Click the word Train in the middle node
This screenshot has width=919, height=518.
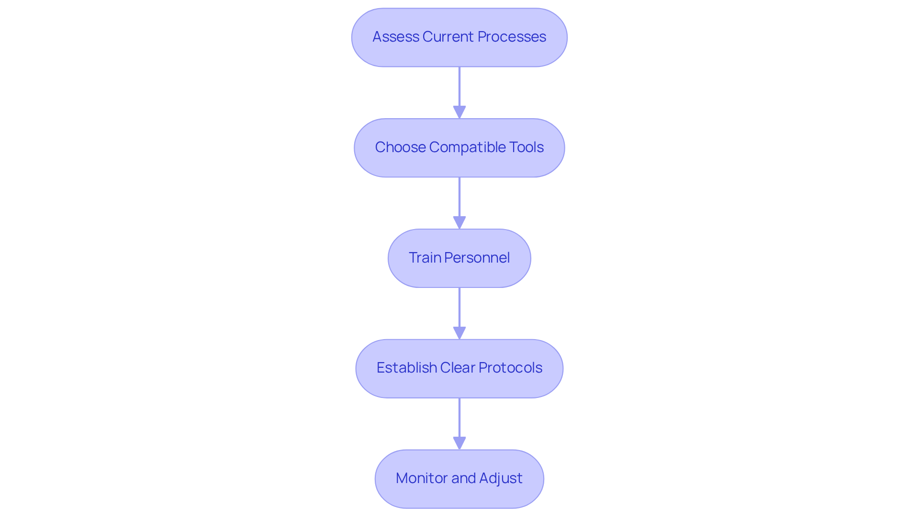425,258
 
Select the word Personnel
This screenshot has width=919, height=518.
477,258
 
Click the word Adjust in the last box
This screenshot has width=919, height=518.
501,478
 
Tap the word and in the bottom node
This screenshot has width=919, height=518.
463,478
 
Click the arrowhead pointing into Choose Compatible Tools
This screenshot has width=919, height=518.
459,112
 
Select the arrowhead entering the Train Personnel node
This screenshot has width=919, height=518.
459,223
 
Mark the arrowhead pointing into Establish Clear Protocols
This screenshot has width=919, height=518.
459,333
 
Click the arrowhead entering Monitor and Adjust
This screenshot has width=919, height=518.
459,443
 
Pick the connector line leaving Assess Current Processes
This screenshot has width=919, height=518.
459,86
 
